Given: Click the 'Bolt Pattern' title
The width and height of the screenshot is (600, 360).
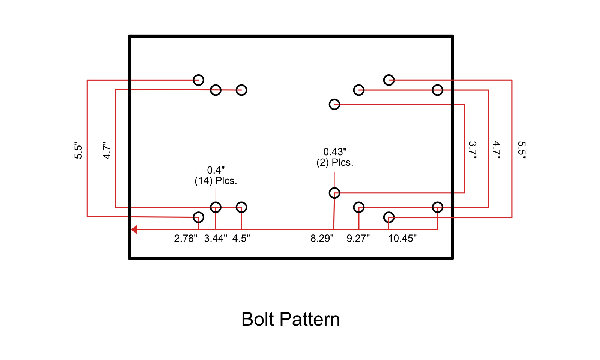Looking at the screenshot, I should coord(291,319).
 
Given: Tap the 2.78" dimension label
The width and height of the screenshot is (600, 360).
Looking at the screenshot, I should coord(186,238).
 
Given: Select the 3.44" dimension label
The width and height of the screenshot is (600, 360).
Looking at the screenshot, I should coord(216,238).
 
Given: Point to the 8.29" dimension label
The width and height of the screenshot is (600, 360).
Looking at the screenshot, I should coord(322,238).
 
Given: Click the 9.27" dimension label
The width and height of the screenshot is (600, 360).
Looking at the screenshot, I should coord(358,238).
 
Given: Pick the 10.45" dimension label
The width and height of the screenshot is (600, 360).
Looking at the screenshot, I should coord(402,238).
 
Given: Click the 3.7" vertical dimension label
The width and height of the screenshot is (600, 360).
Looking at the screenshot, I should coord(472,150).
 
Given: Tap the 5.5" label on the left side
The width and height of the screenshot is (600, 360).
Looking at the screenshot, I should coord(78,150).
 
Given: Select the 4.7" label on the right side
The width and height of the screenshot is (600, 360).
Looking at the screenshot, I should coord(496,150).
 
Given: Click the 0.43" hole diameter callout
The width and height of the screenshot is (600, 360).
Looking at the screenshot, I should coord(335,152).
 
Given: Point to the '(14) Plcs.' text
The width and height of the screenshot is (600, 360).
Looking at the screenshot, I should coord(216,181).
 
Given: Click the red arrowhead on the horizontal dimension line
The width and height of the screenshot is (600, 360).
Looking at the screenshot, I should coord(134,229).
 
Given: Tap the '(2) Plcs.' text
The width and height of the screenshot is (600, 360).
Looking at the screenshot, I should coord(335,163).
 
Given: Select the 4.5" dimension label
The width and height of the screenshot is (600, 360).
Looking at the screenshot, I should coord(241,238).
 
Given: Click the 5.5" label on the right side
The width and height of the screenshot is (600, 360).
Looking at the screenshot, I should coord(522,150).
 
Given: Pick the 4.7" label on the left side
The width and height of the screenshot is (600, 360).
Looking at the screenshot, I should coord(107,150).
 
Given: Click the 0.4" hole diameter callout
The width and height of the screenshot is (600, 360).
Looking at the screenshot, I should coord(216,171).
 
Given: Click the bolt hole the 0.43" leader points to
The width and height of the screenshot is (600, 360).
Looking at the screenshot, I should coord(334,193).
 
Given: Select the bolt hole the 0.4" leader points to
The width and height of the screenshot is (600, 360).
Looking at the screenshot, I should coord(216,207).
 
